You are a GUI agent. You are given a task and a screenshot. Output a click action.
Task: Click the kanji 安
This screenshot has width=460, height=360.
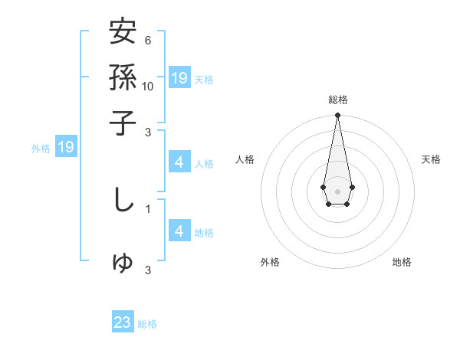coord(123,33)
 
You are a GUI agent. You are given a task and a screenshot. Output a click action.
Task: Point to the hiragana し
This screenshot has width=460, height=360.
coord(123,200)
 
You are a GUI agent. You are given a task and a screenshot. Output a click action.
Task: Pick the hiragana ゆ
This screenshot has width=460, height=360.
coord(123,263)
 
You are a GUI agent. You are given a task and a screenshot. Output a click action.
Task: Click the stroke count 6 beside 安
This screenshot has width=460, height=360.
coord(148,40)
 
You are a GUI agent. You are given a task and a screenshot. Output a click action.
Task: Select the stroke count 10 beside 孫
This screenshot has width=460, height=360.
coord(148,85)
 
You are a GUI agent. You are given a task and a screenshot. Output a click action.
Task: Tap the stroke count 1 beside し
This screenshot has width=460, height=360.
coord(148,208)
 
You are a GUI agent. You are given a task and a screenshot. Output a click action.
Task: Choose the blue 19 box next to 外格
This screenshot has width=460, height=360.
coord(66,147)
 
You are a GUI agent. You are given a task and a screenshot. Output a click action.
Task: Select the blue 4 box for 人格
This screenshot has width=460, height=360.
coord(179,162)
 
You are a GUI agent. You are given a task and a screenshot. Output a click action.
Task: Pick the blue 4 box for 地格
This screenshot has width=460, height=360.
coord(179,231)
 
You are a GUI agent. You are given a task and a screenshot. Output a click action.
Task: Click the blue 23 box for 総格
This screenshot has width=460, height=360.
coord(123,322)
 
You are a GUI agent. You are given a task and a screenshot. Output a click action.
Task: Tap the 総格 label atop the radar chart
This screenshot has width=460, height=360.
coord(337,100)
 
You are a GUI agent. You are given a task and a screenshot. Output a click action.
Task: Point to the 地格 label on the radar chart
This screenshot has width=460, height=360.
coord(402,262)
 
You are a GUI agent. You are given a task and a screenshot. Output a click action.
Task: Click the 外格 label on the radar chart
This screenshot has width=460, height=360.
coord(270,262)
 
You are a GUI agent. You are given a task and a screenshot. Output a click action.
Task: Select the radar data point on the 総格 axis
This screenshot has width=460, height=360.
coord(337,116)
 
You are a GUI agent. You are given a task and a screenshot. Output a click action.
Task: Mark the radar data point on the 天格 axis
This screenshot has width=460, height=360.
coord(352,187)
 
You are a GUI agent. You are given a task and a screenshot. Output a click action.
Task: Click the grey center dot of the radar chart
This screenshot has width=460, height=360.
coord(337,191)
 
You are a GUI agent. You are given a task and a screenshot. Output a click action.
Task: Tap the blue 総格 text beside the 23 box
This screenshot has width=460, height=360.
coord(147,324)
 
